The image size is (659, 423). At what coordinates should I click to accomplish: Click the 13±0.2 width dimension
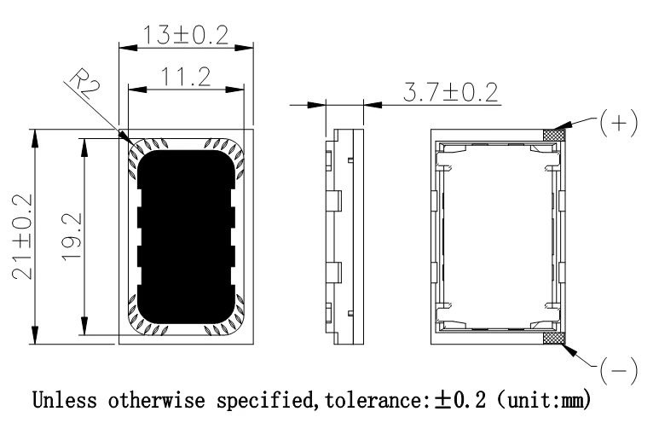pos(186,35)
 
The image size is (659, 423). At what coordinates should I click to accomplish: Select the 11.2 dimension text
pos(186,78)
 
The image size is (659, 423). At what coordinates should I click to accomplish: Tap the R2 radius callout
pos(85,84)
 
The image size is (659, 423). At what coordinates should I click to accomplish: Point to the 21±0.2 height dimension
pos(22,236)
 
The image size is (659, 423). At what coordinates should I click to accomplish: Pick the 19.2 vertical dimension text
pos(72,237)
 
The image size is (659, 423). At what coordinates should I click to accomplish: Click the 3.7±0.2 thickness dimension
pos(450,92)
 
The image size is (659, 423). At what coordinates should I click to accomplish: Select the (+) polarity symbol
pos(619,123)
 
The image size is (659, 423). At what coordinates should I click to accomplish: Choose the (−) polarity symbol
pos(619,371)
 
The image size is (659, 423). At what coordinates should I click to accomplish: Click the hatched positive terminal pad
pos(553,135)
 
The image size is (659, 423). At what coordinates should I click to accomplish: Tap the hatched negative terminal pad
pos(553,338)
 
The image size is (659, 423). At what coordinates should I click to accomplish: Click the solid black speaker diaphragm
pos(186,237)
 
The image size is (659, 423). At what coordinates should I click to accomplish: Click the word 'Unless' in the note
pos(65,400)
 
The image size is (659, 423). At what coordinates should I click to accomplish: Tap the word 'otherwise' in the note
pos(156,400)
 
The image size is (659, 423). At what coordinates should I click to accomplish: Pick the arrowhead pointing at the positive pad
pos(563,125)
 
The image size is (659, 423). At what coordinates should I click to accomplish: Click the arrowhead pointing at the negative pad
pos(569,350)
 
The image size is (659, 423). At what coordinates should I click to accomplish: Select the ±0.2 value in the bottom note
pos(460,400)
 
